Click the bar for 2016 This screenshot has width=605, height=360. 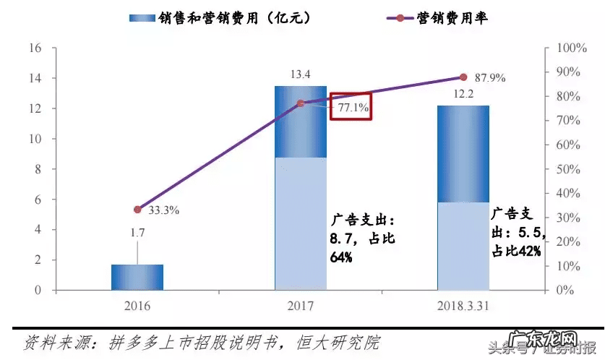click(x=137, y=277)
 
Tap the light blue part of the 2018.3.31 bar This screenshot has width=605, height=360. click(x=463, y=246)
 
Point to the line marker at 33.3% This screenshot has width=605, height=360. click(x=138, y=210)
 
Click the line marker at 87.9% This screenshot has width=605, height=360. click(x=463, y=77)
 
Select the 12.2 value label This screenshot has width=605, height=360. click(x=463, y=94)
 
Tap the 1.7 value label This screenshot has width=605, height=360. click(x=137, y=233)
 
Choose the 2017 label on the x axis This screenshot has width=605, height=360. click(x=301, y=307)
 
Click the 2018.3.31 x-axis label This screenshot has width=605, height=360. click(x=463, y=307)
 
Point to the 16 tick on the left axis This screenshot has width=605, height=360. click(x=33, y=48)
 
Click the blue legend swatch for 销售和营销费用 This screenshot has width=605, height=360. click(x=142, y=17)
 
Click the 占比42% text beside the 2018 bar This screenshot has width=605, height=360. click(x=516, y=252)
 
